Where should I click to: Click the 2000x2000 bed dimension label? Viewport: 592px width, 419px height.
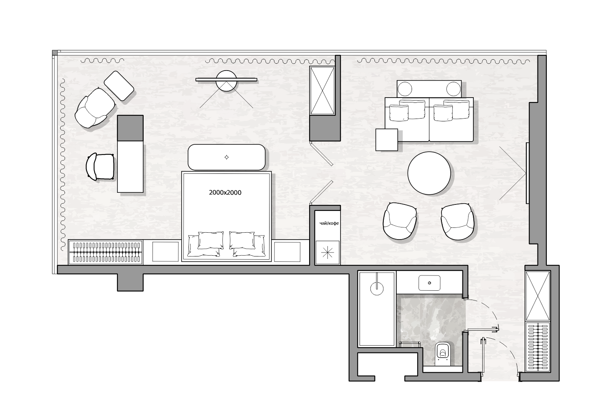[225, 193]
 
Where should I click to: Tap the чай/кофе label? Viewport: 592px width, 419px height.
[329, 223]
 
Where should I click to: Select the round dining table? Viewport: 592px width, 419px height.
[429, 173]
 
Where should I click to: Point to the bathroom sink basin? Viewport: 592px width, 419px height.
[429, 283]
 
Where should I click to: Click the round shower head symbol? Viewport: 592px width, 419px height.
[377, 288]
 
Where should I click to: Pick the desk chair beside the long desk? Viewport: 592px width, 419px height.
[100, 167]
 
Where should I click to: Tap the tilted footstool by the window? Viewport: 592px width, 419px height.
[119, 86]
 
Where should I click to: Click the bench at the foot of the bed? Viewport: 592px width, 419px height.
[226, 157]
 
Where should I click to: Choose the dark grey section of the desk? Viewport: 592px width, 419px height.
[130, 128]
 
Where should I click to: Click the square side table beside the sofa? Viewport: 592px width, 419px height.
[387, 140]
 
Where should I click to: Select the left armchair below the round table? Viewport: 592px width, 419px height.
[400, 221]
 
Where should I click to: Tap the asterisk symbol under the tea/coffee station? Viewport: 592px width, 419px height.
[327, 252]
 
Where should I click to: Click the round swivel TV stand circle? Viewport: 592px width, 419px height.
[226, 81]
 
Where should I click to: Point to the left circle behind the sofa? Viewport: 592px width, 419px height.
[405, 89]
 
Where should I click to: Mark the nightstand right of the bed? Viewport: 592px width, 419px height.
[287, 252]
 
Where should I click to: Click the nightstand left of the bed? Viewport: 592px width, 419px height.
[165, 252]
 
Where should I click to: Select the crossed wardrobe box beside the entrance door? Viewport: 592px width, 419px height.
[538, 296]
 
